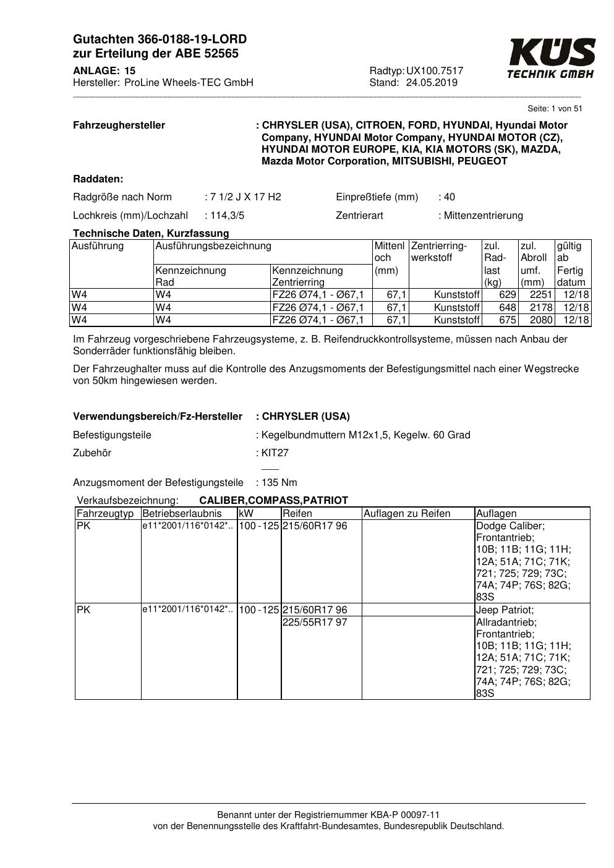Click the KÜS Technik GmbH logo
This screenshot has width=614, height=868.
click(551, 58)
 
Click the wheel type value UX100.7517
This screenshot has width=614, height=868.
click(435, 71)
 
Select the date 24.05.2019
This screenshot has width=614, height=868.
click(432, 83)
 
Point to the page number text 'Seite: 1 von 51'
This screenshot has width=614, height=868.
click(555, 109)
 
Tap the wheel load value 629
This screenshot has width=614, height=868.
click(507, 295)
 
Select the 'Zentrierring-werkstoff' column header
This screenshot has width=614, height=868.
click(439, 252)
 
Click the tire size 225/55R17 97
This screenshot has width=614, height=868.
click(315, 622)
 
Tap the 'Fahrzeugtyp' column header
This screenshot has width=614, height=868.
click(105, 513)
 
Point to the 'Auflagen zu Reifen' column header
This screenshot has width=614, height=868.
click(407, 513)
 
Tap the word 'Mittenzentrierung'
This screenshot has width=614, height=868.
click(483, 216)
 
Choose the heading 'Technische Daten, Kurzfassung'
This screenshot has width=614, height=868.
click(151, 233)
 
